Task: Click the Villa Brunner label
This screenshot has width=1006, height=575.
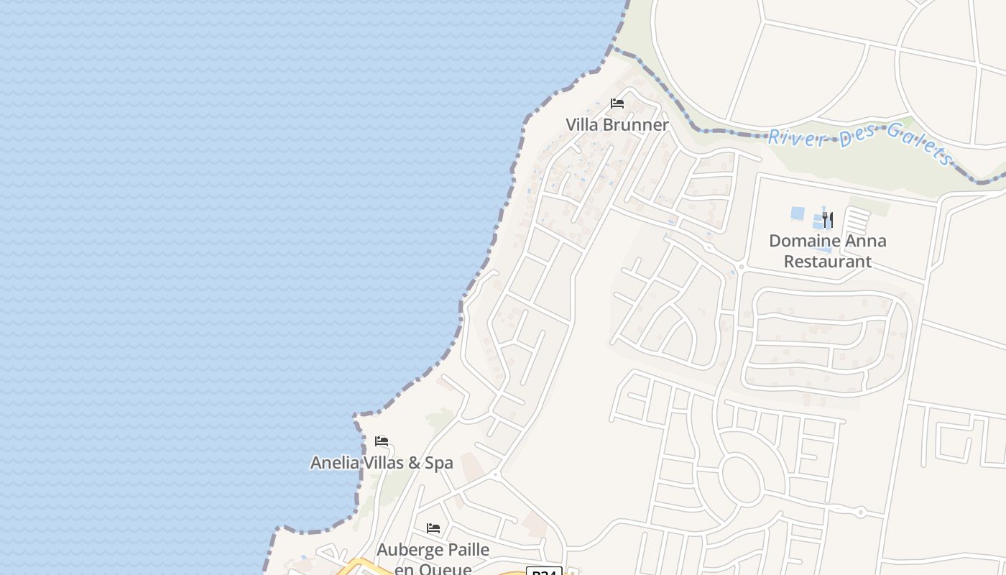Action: click(x=617, y=124)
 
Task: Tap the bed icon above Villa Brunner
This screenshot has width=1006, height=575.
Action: click(x=617, y=103)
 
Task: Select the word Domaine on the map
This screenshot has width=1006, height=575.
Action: click(x=804, y=241)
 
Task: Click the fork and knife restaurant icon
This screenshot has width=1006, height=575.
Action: click(x=828, y=218)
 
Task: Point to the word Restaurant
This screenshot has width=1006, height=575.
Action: click(x=827, y=261)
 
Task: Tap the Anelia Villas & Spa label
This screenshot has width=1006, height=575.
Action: click(x=382, y=462)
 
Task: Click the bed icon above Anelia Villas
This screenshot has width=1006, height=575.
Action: click(x=382, y=441)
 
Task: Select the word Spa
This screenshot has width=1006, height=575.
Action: click(x=438, y=462)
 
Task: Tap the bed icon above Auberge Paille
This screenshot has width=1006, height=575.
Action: click(x=433, y=528)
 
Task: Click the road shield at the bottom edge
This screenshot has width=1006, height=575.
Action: click(x=544, y=571)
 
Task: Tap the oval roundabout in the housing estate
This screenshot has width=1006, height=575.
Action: click(x=741, y=479)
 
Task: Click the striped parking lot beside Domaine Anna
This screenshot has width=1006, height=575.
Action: click(x=856, y=221)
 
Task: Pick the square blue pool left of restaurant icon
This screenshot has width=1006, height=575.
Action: click(x=798, y=213)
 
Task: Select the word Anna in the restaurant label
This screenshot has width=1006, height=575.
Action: click(x=868, y=241)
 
